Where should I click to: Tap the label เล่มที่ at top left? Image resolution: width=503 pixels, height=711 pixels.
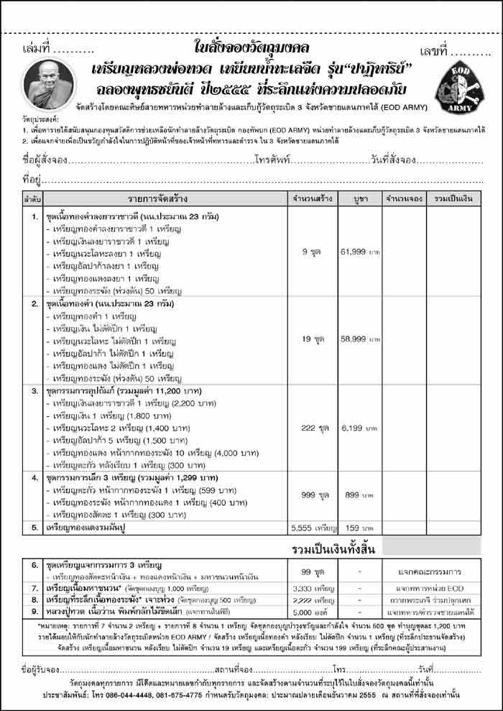(x=37, y=52)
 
